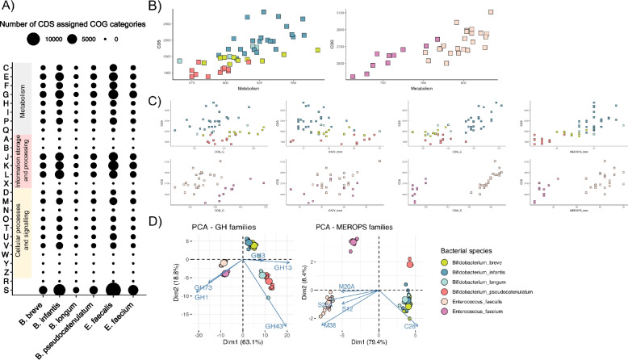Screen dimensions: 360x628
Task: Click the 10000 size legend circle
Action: click(36, 38)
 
